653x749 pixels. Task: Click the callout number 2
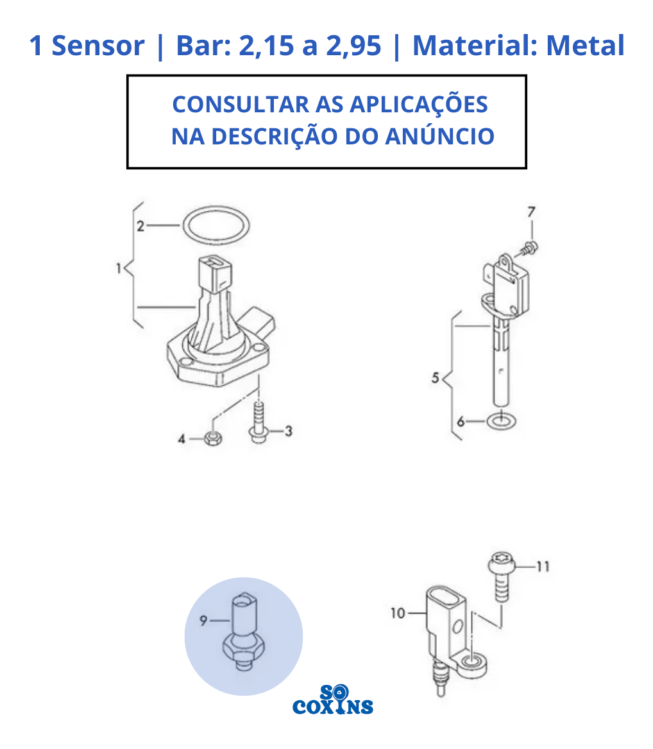click(x=140, y=226)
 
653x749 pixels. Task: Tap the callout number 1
click(x=119, y=268)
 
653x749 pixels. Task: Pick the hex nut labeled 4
click(x=214, y=438)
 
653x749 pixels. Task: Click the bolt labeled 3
click(x=259, y=423)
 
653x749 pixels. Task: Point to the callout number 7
click(x=531, y=212)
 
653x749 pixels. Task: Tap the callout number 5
click(x=436, y=378)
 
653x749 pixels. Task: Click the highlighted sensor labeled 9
click(x=244, y=632)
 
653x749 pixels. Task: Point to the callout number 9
click(x=203, y=621)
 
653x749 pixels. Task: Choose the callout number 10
click(x=398, y=613)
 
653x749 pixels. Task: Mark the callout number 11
click(x=543, y=567)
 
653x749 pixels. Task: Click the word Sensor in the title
click(x=98, y=46)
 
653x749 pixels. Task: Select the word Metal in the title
click(x=585, y=46)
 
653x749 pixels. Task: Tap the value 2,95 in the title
click(x=353, y=46)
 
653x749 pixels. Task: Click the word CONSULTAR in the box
click(x=241, y=104)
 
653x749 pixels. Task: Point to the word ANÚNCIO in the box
click(x=439, y=135)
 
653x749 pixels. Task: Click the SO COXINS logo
click(x=333, y=700)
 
